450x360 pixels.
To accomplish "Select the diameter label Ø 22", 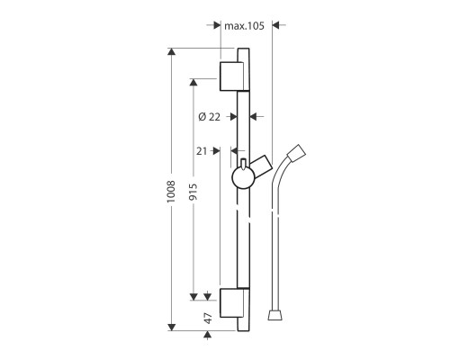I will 209,116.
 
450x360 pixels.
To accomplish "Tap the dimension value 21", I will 202,150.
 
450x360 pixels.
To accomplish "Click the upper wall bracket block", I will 232,76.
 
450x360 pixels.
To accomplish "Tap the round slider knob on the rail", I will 242,176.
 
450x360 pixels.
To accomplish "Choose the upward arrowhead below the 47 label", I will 208,336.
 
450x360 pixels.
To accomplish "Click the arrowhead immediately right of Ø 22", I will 254,116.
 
